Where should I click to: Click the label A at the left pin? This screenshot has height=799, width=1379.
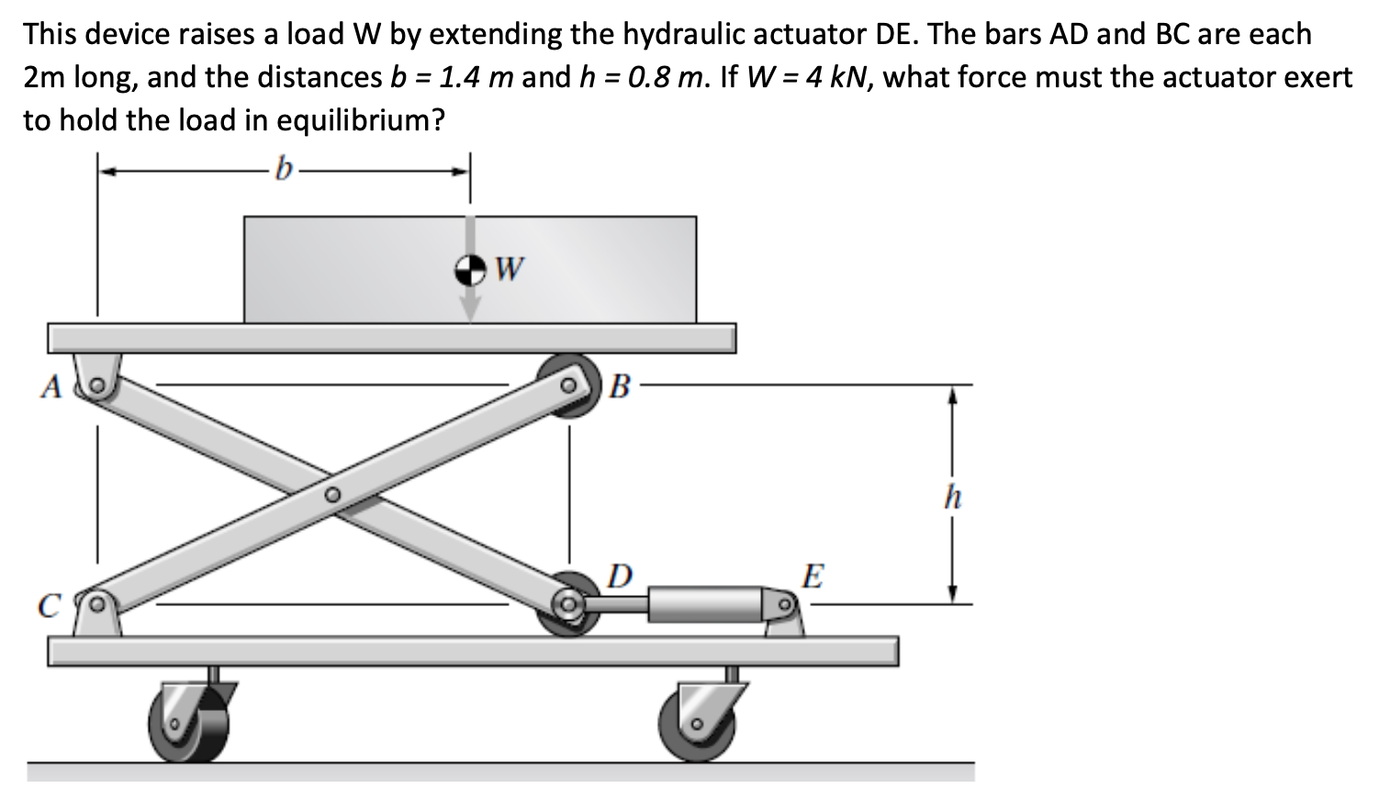pyautogui.click(x=50, y=388)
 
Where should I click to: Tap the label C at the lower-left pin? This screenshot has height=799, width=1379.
pyautogui.click(x=49, y=606)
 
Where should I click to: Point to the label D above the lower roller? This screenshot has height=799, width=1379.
pyautogui.click(x=620, y=576)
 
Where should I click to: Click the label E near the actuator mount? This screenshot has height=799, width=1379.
pyautogui.click(x=813, y=577)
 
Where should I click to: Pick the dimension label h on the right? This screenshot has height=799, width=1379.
pyautogui.click(x=953, y=497)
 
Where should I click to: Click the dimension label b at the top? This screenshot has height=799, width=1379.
pyautogui.click(x=286, y=170)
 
